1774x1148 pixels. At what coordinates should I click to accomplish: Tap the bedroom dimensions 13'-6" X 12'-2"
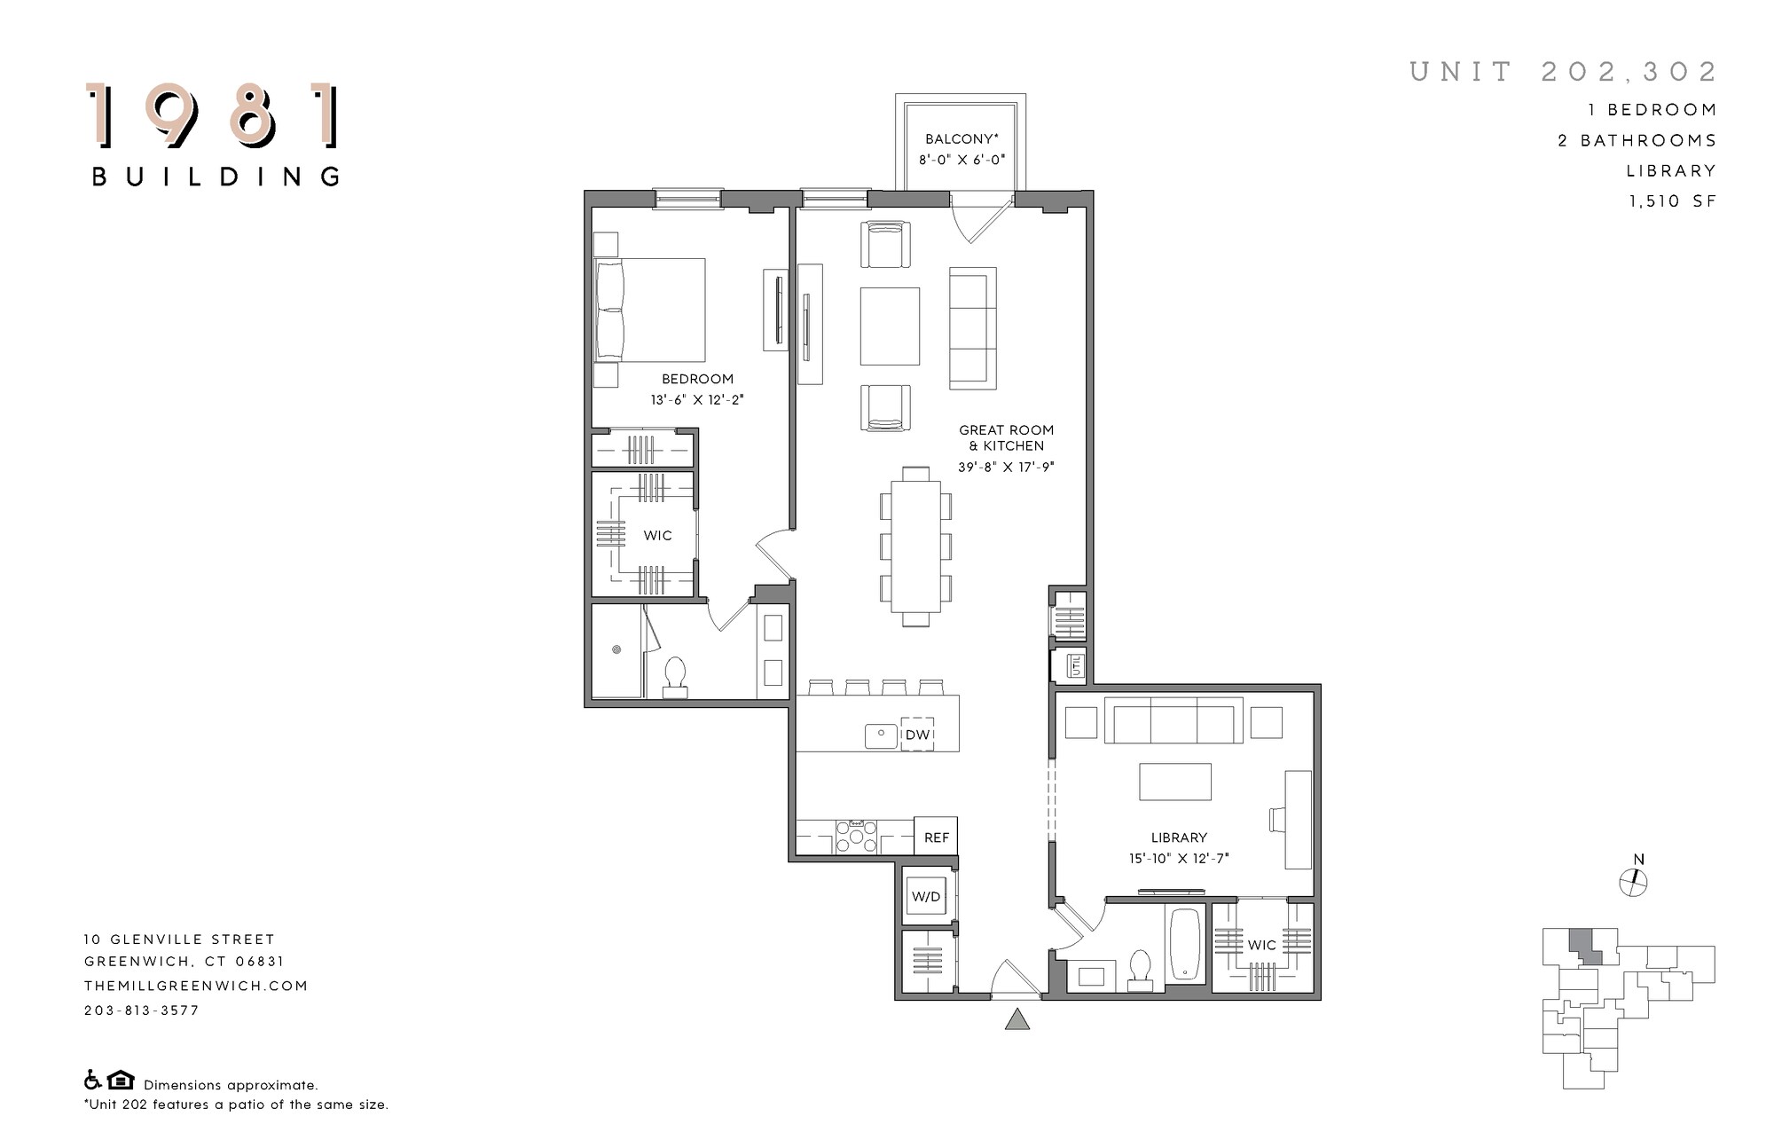(x=696, y=400)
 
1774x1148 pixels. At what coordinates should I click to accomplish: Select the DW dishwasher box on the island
(x=917, y=735)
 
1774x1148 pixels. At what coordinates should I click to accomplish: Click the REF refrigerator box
(x=936, y=837)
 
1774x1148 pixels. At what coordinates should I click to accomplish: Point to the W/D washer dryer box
(x=925, y=897)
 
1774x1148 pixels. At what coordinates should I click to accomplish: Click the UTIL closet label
(x=1076, y=664)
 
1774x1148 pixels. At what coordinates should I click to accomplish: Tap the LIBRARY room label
(x=1179, y=837)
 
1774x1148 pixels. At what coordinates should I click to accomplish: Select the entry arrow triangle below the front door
(x=1017, y=1019)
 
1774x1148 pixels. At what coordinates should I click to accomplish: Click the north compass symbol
(x=1633, y=882)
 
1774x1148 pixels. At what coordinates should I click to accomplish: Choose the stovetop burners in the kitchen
(x=856, y=837)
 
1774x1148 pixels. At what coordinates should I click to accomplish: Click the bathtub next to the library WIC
(x=1185, y=945)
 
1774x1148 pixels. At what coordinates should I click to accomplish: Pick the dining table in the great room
(x=915, y=546)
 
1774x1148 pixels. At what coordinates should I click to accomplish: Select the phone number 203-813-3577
(x=142, y=1010)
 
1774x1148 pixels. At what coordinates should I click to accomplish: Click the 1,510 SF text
(x=1672, y=201)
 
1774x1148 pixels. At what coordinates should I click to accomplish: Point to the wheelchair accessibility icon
(x=92, y=1081)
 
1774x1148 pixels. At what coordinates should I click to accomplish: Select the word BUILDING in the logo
(x=216, y=177)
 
